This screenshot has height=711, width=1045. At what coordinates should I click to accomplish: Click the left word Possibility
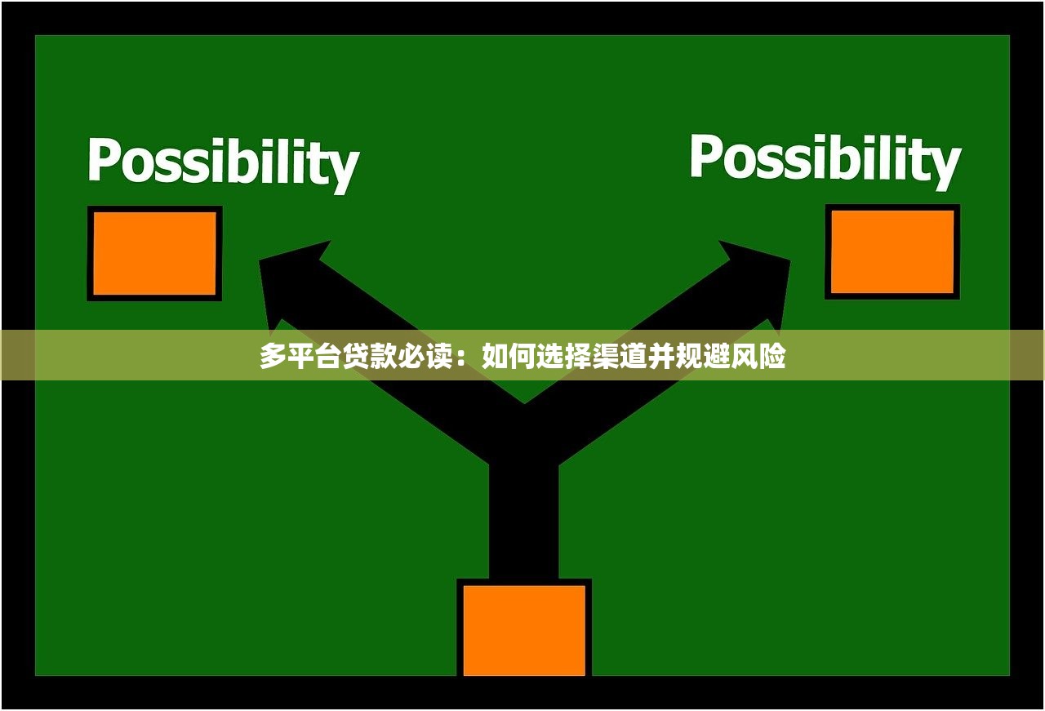[x=224, y=164]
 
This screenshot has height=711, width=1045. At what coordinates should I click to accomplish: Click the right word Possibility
[x=825, y=161]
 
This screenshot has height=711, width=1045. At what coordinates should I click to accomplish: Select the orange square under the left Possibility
[x=154, y=253]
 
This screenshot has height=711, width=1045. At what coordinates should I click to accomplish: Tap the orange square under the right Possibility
[x=892, y=251]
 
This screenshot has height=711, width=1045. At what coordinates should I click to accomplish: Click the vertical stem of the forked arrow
[x=524, y=518]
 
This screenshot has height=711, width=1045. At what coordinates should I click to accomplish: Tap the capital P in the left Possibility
[x=103, y=159]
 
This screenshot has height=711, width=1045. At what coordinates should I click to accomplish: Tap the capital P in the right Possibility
[x=705, y=156]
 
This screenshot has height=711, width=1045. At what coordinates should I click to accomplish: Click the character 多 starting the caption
[x=273, y=356]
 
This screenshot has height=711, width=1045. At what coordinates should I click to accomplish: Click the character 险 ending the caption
[x=772, y=356]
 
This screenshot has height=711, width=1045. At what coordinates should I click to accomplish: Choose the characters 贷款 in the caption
[x=370, y=356]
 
